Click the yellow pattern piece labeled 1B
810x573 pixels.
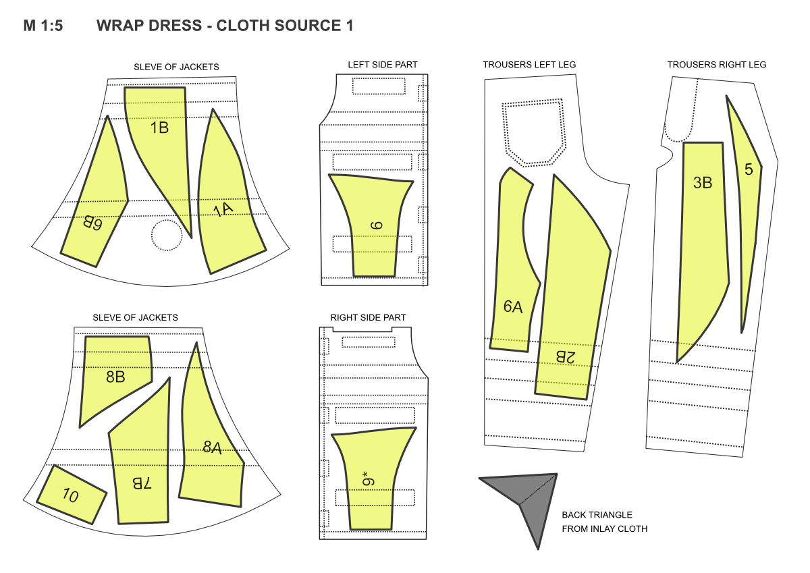[159, 135]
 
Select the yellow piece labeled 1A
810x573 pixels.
[226, 202]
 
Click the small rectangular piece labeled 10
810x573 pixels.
[72, 495]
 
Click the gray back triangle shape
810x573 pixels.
[530, 499]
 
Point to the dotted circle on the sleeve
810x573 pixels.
[167, 235]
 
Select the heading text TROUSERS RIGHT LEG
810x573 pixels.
[716, 65]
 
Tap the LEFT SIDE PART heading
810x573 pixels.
[383, 65]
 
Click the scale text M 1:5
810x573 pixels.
[43, 26]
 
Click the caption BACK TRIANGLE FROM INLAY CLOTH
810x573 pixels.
[604, 522]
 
